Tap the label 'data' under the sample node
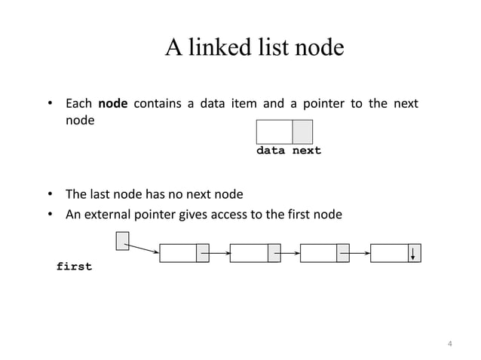[271, 151]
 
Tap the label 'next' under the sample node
[307, 151]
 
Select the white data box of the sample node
[274, 132]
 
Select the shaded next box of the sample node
[302, 132]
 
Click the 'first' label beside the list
[74, 267]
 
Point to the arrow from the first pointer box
[142, 248]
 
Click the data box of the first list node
[177, 253]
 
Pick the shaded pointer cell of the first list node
[202, 253]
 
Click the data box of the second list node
[248, 253]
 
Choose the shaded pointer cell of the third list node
[343, 253]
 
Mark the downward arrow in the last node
[413, 253]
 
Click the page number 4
[450, 345]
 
